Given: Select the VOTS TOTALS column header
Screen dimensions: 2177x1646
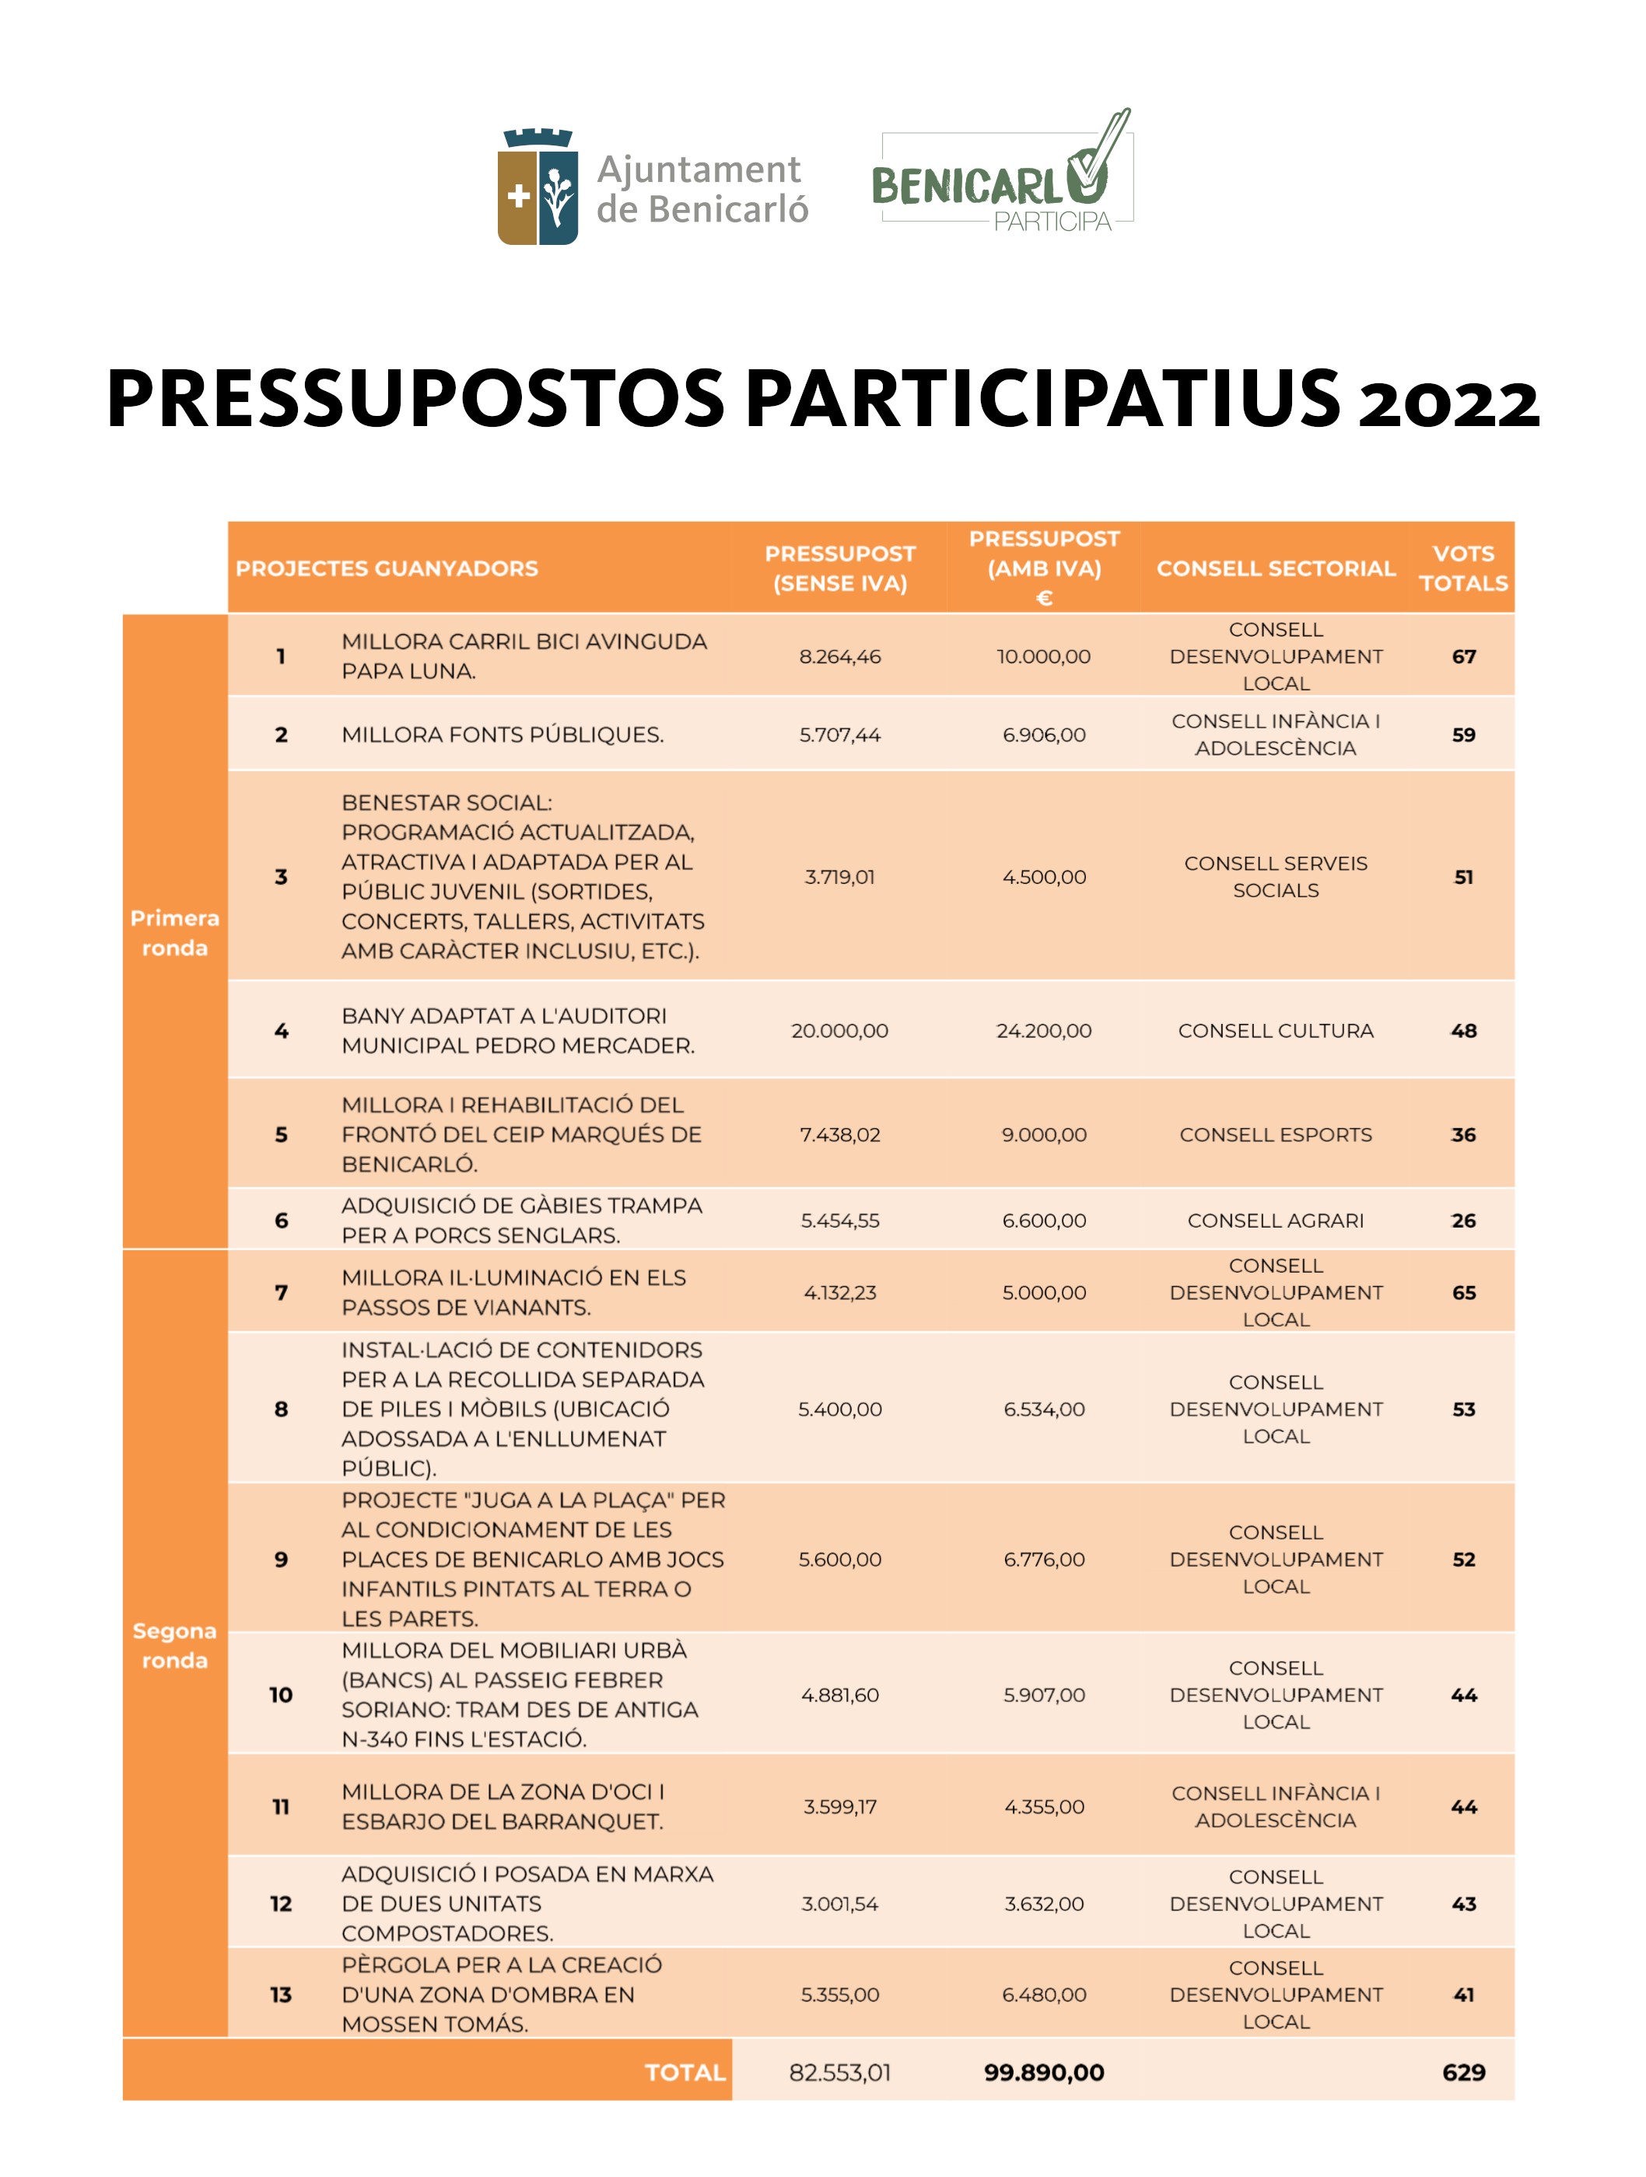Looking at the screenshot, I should click(1463, 568).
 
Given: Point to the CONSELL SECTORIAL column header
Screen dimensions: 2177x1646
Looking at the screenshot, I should click(1275, 568).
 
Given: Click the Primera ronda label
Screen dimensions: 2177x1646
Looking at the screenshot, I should click(174, 932).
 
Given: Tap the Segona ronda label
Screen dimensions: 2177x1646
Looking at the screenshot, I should click(174, 1644).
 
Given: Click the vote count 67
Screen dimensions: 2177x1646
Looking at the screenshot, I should click(1463, 656).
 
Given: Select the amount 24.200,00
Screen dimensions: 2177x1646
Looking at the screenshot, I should click(1043, 1030).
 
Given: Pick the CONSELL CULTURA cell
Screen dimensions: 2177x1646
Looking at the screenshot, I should click(1275, 1030).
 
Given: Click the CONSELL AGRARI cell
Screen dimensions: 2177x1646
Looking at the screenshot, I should click(1275, 1221).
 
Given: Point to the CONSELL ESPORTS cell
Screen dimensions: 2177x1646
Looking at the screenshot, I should click(1275, 1134).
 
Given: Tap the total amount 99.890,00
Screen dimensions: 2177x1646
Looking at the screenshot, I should click(1043, 2072).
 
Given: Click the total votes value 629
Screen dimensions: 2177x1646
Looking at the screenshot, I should click(1463, 2072).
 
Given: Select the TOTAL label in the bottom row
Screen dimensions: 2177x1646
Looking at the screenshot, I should click(685, 2072).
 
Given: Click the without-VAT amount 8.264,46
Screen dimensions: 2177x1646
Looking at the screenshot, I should click(840, 656).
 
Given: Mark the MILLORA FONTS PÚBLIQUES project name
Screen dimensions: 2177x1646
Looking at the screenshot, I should click(502, 734).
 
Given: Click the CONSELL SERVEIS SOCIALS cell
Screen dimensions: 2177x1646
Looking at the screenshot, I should click(1275, 876).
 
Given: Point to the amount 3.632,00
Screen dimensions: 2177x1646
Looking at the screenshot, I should click(1043, 1903).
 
